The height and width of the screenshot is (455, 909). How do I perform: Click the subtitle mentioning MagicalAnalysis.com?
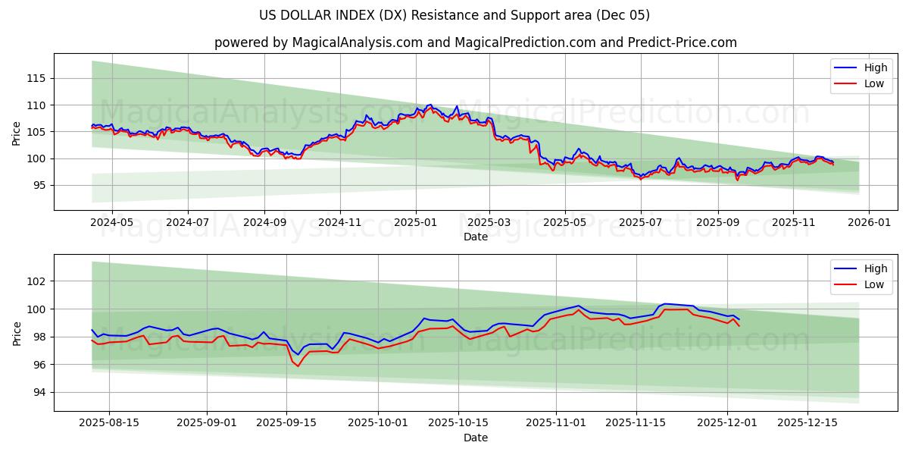click(475, 42)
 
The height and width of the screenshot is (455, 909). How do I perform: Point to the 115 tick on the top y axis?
click(36, 78)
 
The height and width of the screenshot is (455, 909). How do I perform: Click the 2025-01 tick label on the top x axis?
click(414, 223)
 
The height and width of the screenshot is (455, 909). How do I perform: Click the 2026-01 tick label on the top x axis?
click(868, 223)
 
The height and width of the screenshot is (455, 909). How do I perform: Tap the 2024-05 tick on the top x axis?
click(112, 223)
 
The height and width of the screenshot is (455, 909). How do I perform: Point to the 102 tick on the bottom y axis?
click(36, 281)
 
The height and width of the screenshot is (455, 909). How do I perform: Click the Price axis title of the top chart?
click(17, 132)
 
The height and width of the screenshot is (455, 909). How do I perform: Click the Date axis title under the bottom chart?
click(475, 438)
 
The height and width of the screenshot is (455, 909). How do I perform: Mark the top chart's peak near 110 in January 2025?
click(430, 105)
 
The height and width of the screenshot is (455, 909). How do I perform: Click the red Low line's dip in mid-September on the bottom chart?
click(297, 366)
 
